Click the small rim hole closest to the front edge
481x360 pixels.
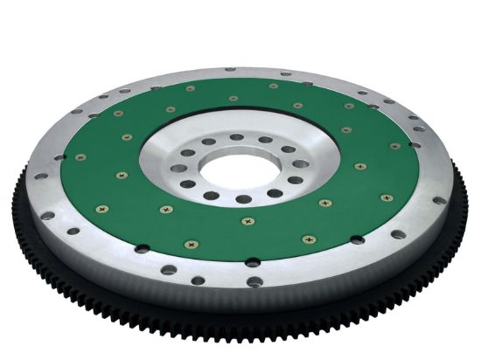click(x=253, y=281)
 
